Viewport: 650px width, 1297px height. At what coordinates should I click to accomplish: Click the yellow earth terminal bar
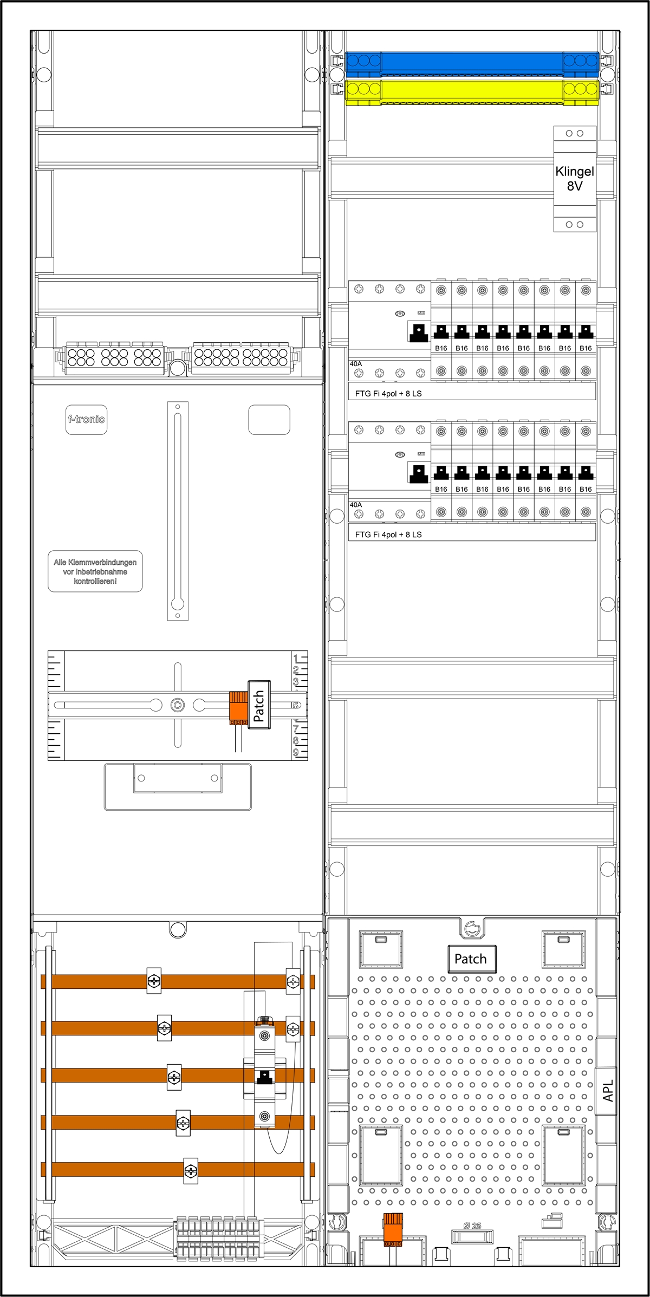coord(471,90)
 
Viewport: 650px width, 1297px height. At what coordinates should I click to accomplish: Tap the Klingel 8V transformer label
coord(575,179)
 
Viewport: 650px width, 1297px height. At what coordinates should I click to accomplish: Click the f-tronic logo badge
coord(86,419)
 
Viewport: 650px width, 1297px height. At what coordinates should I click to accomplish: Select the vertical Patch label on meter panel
coord(259,705)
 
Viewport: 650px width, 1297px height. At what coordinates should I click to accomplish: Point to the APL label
coord(608,1091)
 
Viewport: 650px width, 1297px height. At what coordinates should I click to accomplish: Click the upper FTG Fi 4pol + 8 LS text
coord(388,394)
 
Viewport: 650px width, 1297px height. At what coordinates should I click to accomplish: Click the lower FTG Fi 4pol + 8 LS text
coord(388,535)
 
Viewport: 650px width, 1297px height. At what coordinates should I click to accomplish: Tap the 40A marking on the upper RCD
coord(356,364)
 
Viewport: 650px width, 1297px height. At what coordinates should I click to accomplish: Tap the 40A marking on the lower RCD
coord(356,505)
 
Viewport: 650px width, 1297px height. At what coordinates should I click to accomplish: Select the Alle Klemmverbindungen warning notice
coord(95,571)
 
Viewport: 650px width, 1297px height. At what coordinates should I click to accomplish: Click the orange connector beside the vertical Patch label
coord(238,707)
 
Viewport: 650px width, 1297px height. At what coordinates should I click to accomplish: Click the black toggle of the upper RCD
coord(419,333)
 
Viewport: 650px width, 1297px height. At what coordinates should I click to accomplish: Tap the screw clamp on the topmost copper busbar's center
coord(154,981)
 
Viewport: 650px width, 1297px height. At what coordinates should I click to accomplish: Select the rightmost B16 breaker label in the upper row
coord(586,348)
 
